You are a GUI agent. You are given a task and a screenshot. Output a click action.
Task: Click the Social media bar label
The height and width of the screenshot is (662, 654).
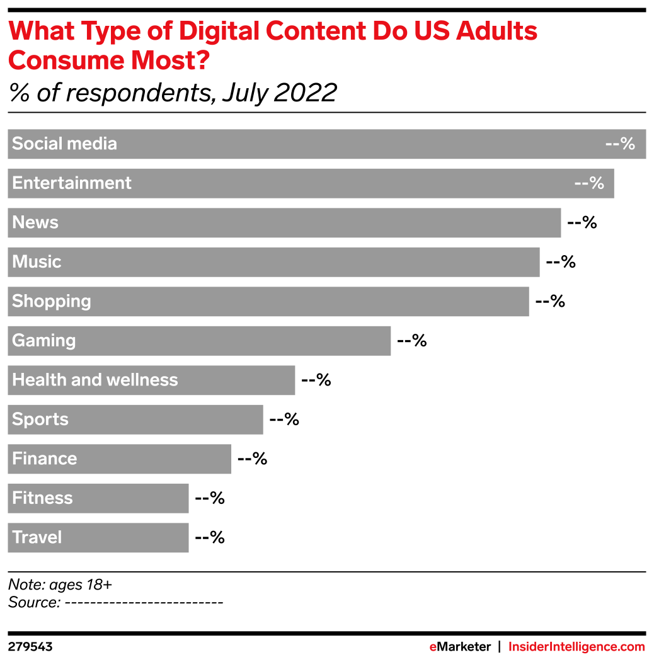coord(64,144)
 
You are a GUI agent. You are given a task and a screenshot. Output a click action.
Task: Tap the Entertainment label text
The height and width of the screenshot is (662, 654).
coord(72,183)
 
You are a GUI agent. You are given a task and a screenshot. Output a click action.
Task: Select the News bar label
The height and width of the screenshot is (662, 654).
coord(35,222)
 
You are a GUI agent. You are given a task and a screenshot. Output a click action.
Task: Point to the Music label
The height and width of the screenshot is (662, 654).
coord(37,261)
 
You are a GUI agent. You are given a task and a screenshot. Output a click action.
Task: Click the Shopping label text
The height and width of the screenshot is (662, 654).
coord(52,301)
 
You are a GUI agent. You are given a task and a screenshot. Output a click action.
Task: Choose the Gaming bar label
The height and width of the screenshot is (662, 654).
coord(44,341)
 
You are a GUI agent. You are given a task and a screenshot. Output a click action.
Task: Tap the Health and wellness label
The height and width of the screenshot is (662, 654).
coord(95,380)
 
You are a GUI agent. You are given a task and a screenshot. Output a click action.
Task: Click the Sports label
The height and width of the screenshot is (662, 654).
coord(40,419)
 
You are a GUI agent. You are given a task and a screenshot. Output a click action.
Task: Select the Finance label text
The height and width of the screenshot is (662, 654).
coord(45,459)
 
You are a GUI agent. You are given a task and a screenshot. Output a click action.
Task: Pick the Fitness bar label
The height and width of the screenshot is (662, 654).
coord(43,498)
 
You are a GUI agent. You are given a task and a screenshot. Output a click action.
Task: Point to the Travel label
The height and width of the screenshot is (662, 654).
coord(37,537)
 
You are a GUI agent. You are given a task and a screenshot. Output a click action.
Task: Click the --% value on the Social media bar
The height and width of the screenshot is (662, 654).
coord(620,144)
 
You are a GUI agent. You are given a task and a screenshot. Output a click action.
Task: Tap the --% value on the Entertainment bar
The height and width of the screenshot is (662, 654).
coord(589,183)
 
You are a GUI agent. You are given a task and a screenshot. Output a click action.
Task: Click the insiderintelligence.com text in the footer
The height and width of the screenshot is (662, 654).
coord(577,647)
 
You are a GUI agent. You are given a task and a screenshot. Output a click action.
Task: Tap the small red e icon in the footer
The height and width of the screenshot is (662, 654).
coord(433,647)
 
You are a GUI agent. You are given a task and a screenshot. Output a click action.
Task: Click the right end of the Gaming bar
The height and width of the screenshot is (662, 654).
coord(389,341)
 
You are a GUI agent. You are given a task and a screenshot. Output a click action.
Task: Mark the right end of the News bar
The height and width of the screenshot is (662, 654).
coord(559,222)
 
